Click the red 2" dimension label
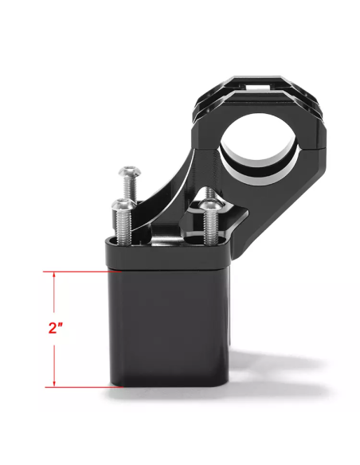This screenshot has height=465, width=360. point(56,328)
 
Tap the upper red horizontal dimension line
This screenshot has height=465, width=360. point(82,272)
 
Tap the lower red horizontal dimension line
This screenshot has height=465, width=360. point(84,387)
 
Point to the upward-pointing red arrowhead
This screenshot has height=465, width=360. point(54,275)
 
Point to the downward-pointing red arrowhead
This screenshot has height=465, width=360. point(54,384)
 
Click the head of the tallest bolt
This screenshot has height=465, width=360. point(130,171)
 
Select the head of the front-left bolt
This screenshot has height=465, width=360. point(123,205)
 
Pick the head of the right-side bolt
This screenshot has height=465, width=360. point(210,205)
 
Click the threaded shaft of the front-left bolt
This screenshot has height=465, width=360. point(124,227)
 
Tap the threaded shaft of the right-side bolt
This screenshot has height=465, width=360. point(211,228)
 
